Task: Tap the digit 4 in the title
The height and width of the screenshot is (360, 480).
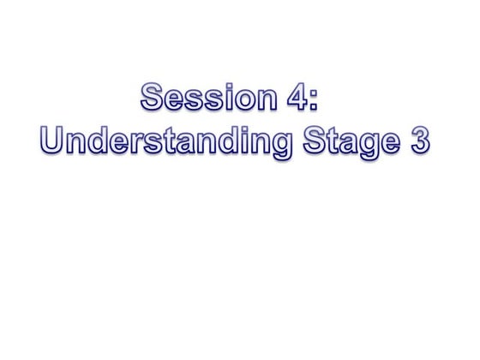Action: click(294, 99)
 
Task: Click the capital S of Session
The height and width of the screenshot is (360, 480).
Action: click(152, 99)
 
